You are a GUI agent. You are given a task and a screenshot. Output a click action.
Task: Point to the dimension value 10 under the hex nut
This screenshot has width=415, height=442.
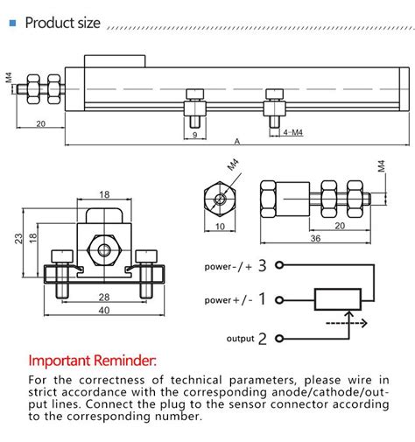pyautogui.click(x=219, y=226)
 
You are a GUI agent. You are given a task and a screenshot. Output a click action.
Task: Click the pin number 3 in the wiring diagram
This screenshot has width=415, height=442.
pyautogui.click(x=261, y=263)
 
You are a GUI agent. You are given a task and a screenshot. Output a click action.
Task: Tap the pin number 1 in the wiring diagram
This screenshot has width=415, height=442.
pyautogui.click(x=261, y=300)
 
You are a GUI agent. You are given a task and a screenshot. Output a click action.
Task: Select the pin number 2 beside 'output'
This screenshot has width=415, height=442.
pyautogui.click(x=261, y=338)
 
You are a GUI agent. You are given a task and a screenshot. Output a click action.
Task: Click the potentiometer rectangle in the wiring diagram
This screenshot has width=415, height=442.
pyautogui.click(x=337, y=300)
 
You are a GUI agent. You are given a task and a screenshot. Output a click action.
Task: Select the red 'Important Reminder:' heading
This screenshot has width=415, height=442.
pyautogui.click(x=92, y=361)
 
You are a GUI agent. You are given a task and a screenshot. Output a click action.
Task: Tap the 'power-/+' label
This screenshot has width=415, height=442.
pyautogui.click(x=228, y=264)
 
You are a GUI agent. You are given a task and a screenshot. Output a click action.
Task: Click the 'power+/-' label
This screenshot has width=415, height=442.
pyautogui.click(x=228, y=301)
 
